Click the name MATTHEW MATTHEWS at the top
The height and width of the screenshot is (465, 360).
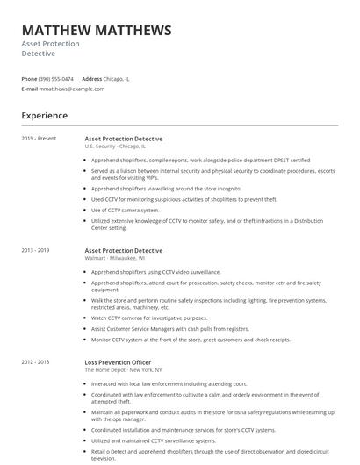(97, 31)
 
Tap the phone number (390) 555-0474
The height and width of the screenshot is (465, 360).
(57, 79)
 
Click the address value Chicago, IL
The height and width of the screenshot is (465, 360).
(116, 79)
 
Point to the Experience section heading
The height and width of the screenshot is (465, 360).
(44, 115)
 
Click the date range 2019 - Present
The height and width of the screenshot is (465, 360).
(39, 139)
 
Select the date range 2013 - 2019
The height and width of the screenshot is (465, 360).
(36, 251)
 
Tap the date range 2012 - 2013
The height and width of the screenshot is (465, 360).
(36, 362)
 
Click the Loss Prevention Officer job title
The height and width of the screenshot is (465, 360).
(118, 362)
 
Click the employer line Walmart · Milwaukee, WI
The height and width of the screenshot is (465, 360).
(115, 259)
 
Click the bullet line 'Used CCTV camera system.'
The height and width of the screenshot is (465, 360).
(126, 211)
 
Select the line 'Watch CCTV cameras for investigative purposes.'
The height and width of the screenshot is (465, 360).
(149, 318)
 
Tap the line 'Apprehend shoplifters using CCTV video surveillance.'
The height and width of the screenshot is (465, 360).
(156, 272)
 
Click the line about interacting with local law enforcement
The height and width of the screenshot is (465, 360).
(169, 383)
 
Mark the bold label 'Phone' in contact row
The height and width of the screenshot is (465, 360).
(30, 79)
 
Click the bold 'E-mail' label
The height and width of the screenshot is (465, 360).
(30, 89)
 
